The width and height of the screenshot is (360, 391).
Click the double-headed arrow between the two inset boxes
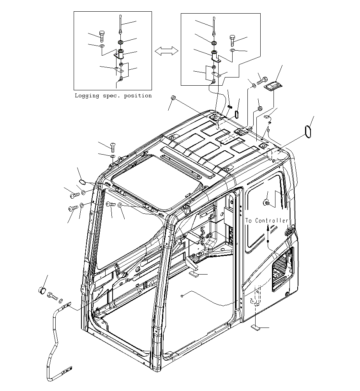[166, 51]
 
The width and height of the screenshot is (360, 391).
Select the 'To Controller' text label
[266, 220]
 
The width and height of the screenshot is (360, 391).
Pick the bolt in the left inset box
[101, 36]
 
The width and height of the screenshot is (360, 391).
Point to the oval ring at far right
[308, 132]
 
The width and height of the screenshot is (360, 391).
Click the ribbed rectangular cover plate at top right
[273, 86]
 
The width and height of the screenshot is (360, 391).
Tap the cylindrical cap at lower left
[42, 291]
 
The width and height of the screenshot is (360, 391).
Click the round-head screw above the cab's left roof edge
[113, 147]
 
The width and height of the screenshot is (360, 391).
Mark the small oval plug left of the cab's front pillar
[82, 182]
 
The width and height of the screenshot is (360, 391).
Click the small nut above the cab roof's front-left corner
[173, 97]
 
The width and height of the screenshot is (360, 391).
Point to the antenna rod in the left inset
[120, 25]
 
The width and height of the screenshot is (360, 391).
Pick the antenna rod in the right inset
[214, 26]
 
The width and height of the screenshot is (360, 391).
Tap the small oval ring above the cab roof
[237, 114]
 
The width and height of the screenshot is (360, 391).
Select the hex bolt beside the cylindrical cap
[52, 296]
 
